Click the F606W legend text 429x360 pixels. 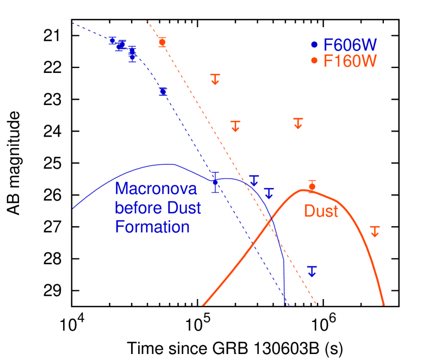[x=350, y=45]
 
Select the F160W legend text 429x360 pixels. [x=350, y=61]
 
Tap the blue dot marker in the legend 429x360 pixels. [x=314, y=45]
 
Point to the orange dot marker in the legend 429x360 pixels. [x=314, y=61]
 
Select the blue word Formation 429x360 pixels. [x=152, y=226]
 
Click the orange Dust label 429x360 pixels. [x=321, y=211]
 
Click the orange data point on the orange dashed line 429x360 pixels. [x=162, y=42]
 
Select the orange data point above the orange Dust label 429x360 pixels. [x=312, y=187]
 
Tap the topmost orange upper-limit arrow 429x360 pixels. [x=215, y=79]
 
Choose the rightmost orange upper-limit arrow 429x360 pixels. [x=375, y=231]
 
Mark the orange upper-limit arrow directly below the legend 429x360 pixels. [x=298, y=123]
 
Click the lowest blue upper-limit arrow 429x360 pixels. [x=312, y=271]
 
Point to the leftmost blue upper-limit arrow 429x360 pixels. [x=254, y=181]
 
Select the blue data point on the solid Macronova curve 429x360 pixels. [x=215, y=182]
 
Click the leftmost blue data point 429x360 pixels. [x=113, y=40]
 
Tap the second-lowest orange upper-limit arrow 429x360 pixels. [x=235, y=126]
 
